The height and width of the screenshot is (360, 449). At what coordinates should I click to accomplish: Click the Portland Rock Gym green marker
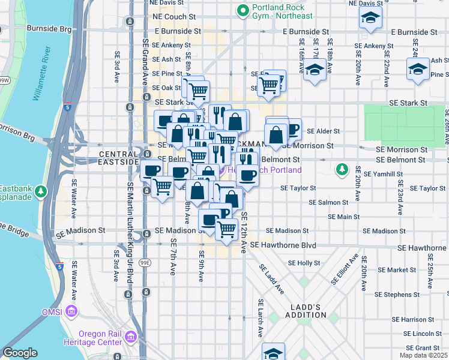243,10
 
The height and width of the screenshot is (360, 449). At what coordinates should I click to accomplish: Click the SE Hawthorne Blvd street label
283,245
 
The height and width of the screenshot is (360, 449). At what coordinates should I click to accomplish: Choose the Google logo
20,353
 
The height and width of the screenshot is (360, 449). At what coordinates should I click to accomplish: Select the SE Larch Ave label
261,317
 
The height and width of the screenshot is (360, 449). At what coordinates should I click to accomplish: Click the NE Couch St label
174,17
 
